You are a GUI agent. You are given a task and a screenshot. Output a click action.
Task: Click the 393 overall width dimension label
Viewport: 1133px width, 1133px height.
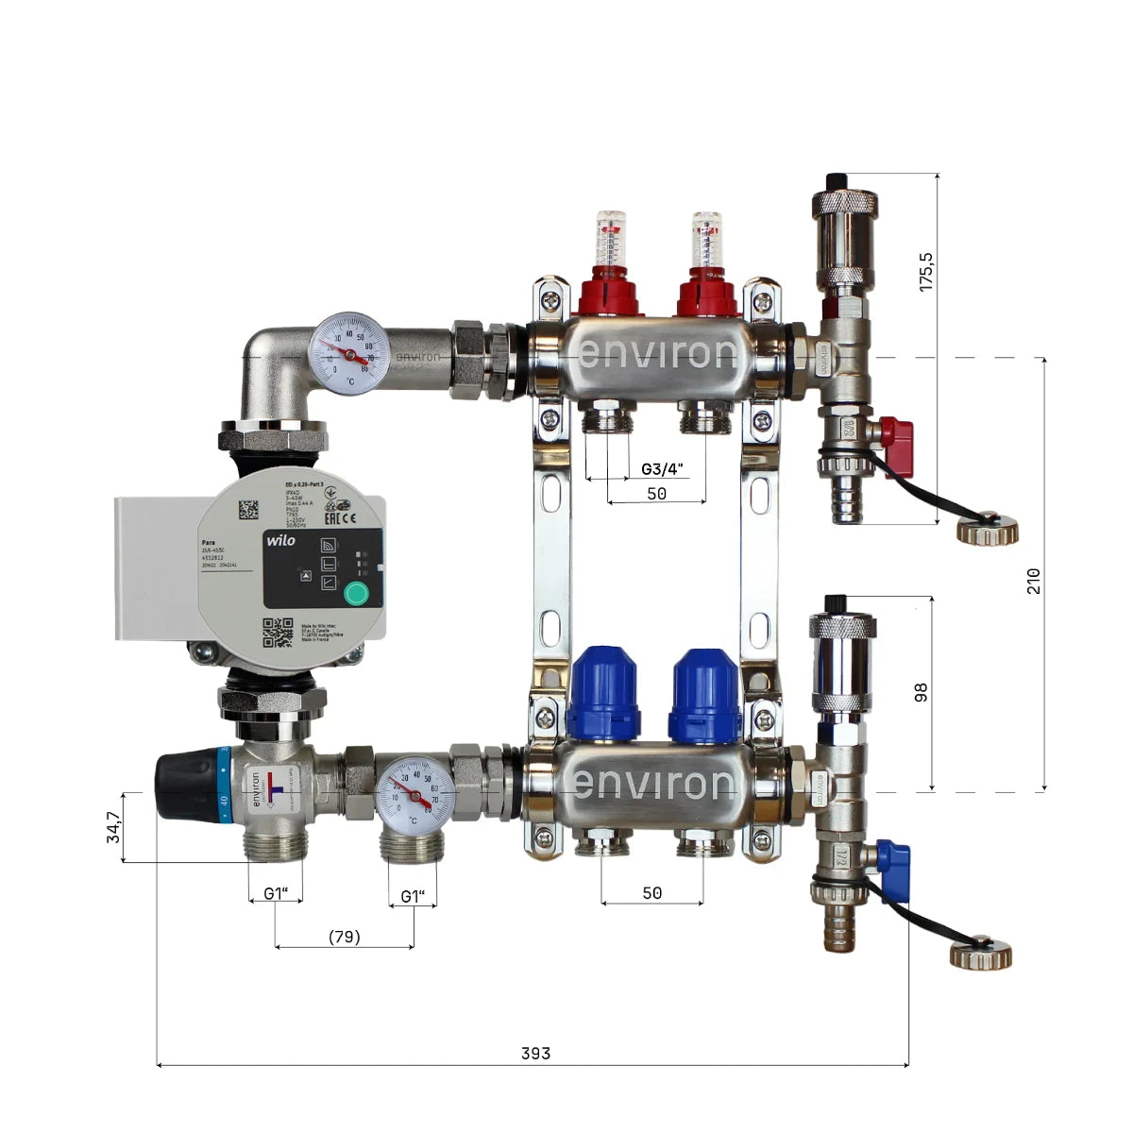pyautogui.click(x=535, y=1054)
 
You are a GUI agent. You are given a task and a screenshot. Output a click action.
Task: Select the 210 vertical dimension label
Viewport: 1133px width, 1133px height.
pyautogui.click(x=1034, y=580)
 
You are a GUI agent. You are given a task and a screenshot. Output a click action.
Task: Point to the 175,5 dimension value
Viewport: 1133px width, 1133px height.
pyautogui.click(x=926, y=270)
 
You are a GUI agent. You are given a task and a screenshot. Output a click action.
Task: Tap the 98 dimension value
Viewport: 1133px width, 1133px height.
pyautogui.click(x=922, y=692)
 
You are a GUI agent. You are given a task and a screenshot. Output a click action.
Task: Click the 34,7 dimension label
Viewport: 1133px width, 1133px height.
pyautogui.click(x=114, y=827)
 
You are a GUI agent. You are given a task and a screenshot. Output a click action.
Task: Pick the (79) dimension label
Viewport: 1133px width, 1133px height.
pyautogui.click(x=344, y=937)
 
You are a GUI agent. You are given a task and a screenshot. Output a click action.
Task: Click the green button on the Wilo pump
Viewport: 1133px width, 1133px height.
pyautogui.click(x=356, y=593)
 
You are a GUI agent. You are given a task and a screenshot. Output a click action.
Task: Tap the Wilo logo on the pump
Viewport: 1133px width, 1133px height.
pyautogui.click(x=280, y=540)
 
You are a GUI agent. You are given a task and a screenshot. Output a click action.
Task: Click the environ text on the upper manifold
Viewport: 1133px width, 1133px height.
pyautogui.click(x=657, y=354)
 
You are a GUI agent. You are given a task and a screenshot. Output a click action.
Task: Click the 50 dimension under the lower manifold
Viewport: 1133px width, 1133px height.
pyautogui.click(x=651, y=892)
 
